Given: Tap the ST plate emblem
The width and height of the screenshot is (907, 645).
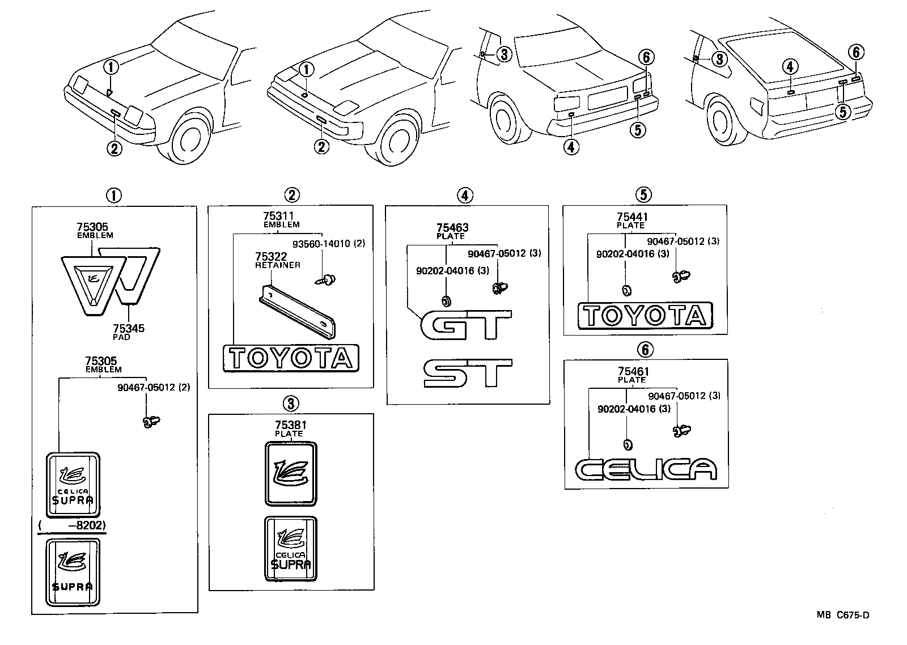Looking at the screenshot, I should pos(468,374).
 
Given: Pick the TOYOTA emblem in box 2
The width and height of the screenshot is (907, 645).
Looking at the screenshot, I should pos(291,358).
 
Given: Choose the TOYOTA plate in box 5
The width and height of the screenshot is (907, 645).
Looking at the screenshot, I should pos(645,315).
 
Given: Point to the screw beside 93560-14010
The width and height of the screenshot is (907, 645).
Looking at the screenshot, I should pos(327,278).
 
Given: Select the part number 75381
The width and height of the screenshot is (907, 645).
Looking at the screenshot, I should pos(289,425).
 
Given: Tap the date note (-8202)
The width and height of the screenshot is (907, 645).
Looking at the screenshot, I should pos(73,525).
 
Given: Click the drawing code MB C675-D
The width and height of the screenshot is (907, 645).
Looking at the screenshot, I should pos(842,615).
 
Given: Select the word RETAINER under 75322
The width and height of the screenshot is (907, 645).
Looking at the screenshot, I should pos(278,265).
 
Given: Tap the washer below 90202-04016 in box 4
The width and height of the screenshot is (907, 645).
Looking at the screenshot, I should pos(446,300).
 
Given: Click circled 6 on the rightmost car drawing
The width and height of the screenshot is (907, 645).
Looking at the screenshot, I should pos(856,53).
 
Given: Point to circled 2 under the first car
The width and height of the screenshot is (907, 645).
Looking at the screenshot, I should pos(115,148).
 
